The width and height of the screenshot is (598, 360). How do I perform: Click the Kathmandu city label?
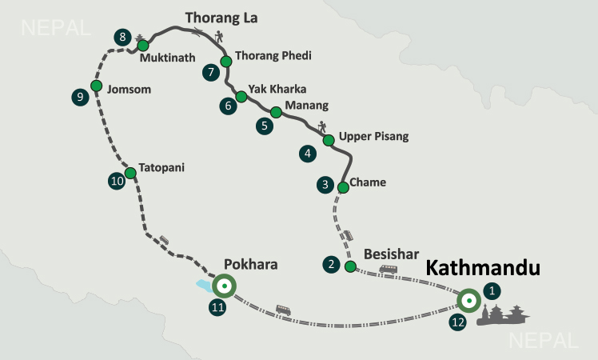pos(483,268)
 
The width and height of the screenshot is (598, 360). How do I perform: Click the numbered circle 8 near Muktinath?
pos(122,37)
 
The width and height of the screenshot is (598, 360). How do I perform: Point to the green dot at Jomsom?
pos(96,86)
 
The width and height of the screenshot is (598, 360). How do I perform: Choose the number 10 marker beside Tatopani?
pos(117,181)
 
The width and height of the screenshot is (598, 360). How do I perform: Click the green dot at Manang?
pos(276,113)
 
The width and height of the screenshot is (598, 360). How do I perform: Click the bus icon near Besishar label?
pos(389,270)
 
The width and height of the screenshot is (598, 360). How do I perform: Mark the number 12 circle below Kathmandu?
pos(456,322)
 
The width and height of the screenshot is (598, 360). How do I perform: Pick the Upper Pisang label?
pos(373,137)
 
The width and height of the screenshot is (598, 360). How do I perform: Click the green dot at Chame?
pos(343,187)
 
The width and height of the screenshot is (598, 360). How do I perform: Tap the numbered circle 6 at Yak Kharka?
pos(229,105)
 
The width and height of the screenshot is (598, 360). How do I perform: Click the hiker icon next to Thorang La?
pos(218,35)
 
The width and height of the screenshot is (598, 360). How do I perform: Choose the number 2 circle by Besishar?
pos(329,263)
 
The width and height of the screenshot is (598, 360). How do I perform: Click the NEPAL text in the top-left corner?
pos(56,29)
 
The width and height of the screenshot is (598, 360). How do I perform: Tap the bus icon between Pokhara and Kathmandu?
pos(283,310)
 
